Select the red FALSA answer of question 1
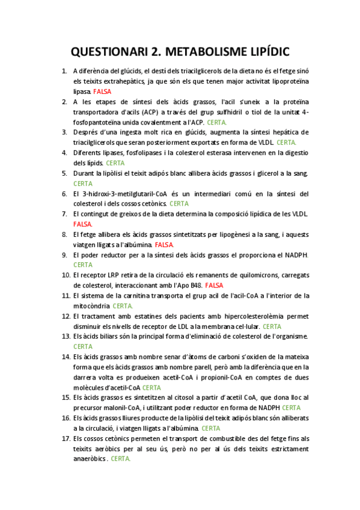click(102, 91)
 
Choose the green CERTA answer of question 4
click(115, 163)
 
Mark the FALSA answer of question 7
click(83, 224)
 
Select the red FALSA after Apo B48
click(213, 285)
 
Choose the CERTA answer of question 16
click(210, 428)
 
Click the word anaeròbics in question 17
click(89, 459)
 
